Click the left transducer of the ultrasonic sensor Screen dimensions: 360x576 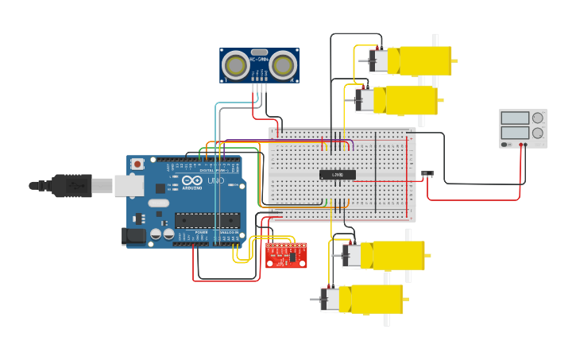tap(236, 66)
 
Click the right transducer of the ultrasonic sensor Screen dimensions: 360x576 tap(283, 66)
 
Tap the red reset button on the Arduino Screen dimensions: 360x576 tap(137, 164)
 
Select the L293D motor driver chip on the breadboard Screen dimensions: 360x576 tap(337, 174)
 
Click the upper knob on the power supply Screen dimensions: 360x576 tap(538, 118)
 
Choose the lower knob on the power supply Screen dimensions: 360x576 tap(538, 134)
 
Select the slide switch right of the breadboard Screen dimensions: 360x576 tap(427, 172)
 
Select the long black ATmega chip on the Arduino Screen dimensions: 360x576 tap(207, 220)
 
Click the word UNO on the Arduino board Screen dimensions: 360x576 tap(215, 181)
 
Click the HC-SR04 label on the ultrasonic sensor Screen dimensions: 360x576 tap(259, 59)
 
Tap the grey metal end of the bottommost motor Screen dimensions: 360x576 tap(331, 299)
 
